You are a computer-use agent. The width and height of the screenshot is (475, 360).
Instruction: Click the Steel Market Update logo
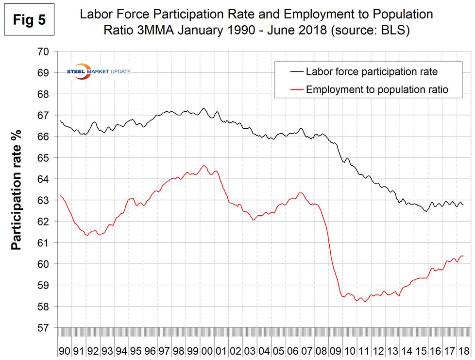98,72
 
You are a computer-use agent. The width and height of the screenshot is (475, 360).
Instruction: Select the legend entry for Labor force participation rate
372,72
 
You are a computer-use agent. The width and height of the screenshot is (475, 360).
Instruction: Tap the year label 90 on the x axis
65,350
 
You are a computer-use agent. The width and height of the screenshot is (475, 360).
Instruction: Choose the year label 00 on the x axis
206,350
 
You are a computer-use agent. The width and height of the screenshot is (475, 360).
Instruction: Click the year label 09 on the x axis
335,350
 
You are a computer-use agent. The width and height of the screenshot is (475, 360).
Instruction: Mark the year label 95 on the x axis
136,350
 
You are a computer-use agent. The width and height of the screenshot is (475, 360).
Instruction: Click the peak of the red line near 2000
204,166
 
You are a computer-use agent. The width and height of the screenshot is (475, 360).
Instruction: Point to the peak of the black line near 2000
204,108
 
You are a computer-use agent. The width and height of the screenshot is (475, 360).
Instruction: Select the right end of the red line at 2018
463,256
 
